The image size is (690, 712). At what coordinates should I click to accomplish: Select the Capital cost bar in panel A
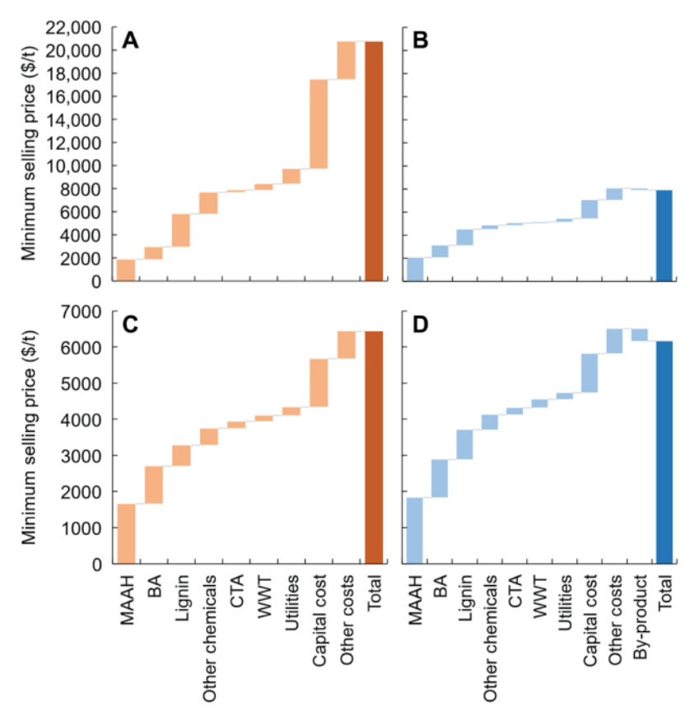(x=319, y=124)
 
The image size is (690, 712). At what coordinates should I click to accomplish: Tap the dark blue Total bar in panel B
(x=664, y=236)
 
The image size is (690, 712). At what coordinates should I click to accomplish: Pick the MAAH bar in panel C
(x=126, y=533)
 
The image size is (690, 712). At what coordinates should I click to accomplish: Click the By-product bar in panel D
(x=639, y=335)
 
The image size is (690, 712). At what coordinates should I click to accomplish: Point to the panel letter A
(x=130, y=40)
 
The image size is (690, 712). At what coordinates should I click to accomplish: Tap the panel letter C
(x=130, y=325)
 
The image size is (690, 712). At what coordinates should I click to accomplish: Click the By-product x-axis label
(x=640, y=614)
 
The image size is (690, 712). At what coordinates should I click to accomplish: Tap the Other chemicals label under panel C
(x=209, y=639)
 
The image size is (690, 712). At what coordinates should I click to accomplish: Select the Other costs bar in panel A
(x=346, y=60)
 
